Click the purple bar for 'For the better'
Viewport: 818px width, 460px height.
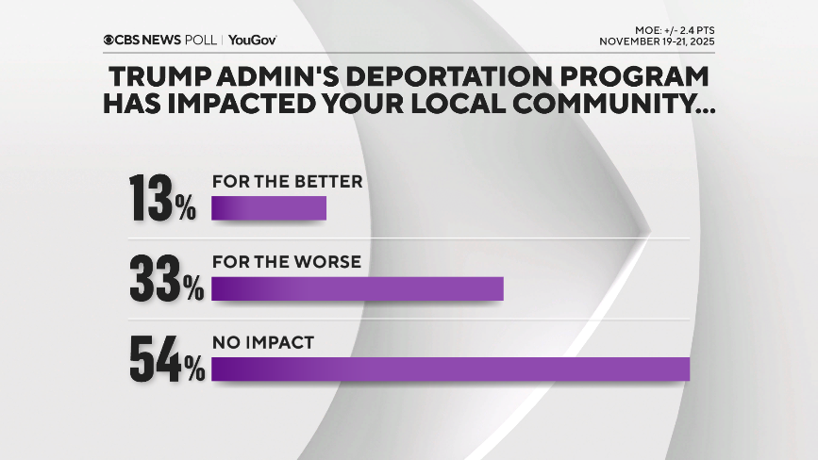[269, 208]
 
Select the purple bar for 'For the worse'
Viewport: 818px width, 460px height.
[358, 288]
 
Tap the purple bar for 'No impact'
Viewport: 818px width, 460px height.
[451, 370]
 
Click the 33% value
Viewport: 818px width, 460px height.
[166, 277]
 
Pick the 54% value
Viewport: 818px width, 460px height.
[166, 359]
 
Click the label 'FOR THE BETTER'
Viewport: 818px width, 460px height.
[287, 182]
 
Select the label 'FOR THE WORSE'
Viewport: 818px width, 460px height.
[286, 262]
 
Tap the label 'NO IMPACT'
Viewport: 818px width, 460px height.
[261, 343]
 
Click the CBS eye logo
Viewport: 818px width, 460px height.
[110, 40]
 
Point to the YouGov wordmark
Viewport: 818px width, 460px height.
[252, 40]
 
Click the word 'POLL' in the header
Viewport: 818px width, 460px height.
[201, 40]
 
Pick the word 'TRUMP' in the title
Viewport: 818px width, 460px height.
[161, 75]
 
